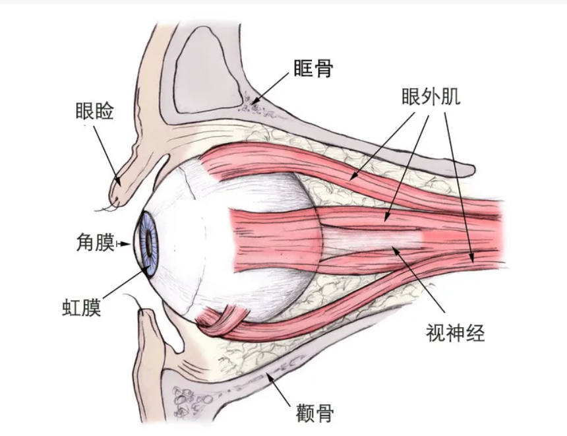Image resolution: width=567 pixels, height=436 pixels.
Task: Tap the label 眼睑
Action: pyautogui.click(x=95, y=111)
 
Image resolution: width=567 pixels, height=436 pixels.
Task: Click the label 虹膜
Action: pyautogui.click(x=82, y=308)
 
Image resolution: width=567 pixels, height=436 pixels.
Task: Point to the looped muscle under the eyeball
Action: pyautogui.click(x=221, y=320)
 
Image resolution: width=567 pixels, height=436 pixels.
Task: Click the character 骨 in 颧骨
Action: pyautogui.click(x=324, y=414)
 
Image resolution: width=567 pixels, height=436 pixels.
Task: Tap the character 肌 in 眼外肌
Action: pyautogui.click(x=450, y=97)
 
